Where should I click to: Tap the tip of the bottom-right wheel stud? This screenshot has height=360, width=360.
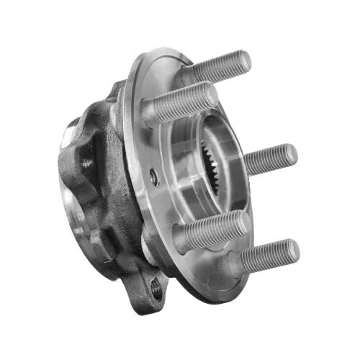[294, 250]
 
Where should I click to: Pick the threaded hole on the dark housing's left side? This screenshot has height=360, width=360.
[87, 164]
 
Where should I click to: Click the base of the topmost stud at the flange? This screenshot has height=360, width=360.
[196, 73]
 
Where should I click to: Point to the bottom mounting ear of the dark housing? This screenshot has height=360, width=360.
[151, 292]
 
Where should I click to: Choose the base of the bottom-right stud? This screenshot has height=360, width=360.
[238, 265]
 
